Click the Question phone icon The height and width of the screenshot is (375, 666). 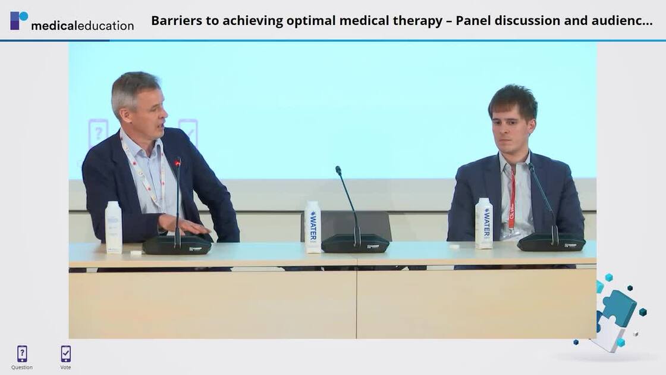click(22, 354)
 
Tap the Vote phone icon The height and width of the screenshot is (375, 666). click(65, 354)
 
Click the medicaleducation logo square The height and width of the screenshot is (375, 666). click(19, 20)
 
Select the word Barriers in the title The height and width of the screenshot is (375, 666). click(173, 21)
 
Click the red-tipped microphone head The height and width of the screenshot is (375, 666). click(177, 162)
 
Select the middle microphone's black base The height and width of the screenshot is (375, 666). click(356, 243)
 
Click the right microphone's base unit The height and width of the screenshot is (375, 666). click(551, 242)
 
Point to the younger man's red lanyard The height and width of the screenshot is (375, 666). click(512, 199)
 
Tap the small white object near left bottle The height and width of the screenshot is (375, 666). click(136, 252)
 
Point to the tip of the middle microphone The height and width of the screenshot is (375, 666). click(338, 170)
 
